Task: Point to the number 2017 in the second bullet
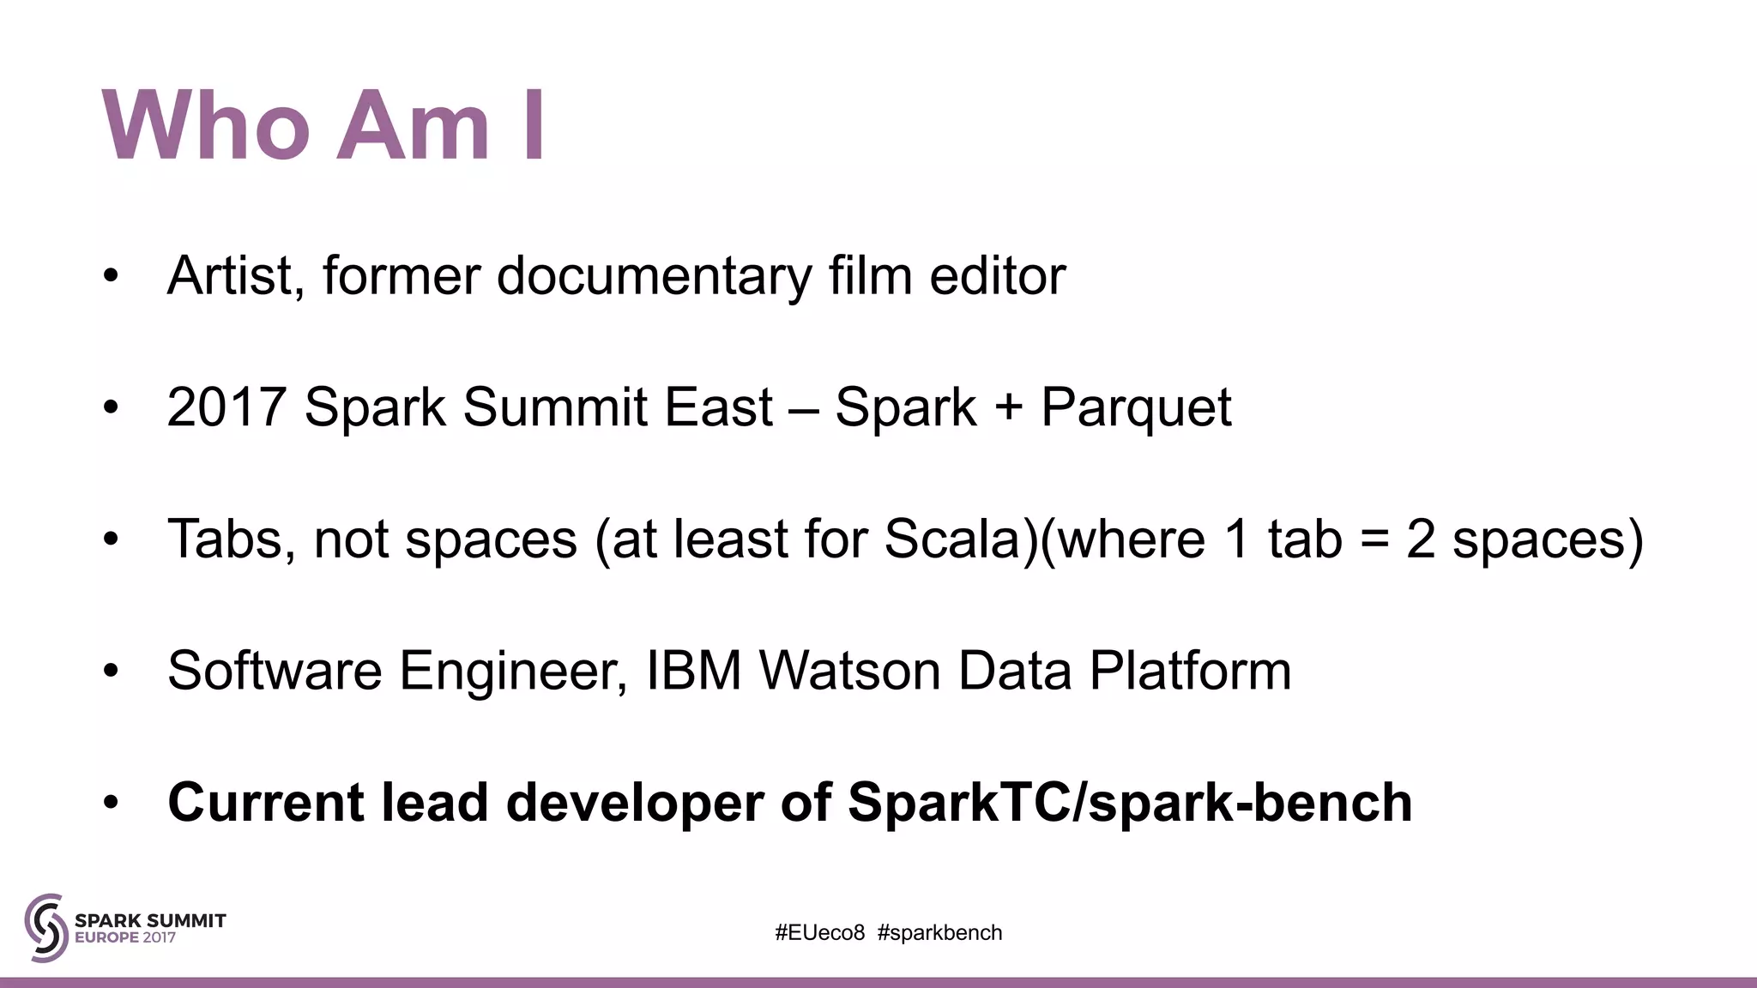point(226,407)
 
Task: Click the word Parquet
point(1136,409)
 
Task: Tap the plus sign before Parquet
point(1009,409)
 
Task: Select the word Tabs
point(225,539)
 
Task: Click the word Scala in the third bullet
point(951,539)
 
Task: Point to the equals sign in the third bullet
point(1374,541)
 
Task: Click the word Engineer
point(511,671)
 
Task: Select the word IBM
point(693,671)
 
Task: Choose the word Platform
point(1190,671)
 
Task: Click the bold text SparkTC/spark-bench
point(1129,804)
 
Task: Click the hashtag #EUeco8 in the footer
point(819,933)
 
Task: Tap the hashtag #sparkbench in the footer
point(939,933)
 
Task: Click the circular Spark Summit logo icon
point(45,927)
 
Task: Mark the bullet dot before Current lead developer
point(110,804)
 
